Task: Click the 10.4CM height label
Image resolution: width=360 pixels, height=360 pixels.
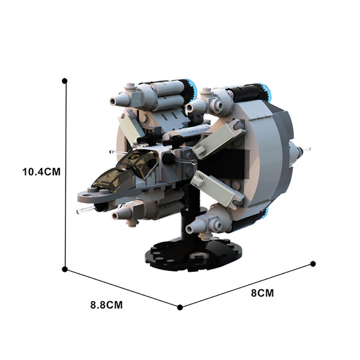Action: (41, 172)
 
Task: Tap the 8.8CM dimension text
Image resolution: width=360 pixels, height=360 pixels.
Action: (107, 305)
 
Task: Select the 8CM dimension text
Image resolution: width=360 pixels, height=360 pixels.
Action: (262, 293)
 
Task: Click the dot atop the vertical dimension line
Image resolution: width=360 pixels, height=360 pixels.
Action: (65, 81)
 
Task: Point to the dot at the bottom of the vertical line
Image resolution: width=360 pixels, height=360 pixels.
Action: (65, 269)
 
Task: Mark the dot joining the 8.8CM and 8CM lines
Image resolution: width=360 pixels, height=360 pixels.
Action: (180, 307)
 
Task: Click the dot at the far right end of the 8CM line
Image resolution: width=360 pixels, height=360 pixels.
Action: (313, 264)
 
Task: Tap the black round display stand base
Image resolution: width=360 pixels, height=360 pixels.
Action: (193, 256)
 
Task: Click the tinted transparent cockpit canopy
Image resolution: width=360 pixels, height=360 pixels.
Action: (125, 169)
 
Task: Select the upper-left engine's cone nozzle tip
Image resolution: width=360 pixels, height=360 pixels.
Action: (113, 101)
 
